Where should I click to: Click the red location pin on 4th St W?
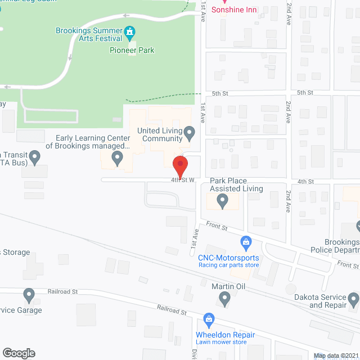180,167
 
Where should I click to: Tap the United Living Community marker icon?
190,133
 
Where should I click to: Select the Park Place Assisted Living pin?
223,200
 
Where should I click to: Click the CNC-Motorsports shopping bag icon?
245,243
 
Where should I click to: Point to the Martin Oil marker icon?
224,300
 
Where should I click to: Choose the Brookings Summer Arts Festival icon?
130,32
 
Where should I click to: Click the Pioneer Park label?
132,50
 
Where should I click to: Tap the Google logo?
18,353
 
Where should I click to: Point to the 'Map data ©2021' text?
335,355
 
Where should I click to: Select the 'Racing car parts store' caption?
228,265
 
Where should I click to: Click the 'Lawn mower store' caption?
221,342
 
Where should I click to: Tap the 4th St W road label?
183,180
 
